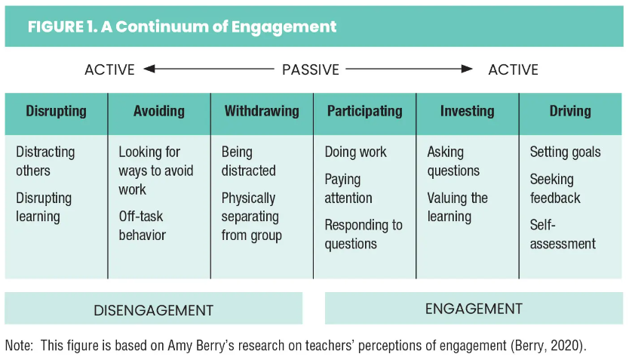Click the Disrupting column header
click(56, 111)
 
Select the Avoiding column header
click(159, 111)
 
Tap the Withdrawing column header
click(262, 111)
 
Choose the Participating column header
click(364, 111)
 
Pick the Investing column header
click(468, 111)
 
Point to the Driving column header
click(570, 111)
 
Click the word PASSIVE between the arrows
click(311, 70)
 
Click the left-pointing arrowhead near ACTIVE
click(149, 69)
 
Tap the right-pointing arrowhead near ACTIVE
click(467, 69)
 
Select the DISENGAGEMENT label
click(153, 310)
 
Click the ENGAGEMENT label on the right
click(474, 309)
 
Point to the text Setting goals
click(565, 152)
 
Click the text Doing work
click(355, 152)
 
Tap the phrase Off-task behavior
click(142, 226)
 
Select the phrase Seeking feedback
click(555, 189)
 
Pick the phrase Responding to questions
click(364, 235)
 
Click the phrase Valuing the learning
click(457, 207)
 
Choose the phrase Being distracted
click(249, 162)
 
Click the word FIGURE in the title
click(55, 27)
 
